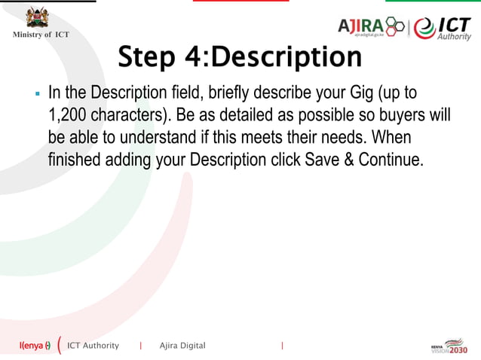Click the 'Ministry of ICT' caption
40,35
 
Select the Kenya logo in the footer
35,346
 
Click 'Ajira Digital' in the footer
182,346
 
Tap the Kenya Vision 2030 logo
449,346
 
